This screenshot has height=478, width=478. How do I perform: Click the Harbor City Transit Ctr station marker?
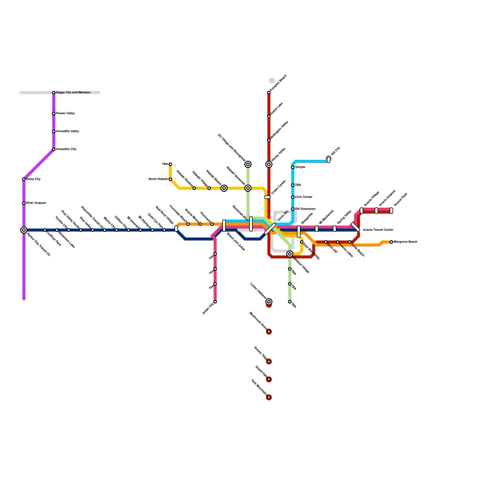(24, 230)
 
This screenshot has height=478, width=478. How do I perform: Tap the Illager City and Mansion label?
(73, 93)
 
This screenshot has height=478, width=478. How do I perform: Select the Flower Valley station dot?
(54, 114)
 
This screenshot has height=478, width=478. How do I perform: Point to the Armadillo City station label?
(66, 149)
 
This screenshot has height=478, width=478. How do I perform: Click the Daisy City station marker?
(24, 179)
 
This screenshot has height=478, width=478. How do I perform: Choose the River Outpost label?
(36, 203)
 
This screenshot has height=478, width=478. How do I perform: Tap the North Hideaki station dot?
(170, 179)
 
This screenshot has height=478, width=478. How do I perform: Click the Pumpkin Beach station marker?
(269, 93)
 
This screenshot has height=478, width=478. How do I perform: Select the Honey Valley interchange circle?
(269, 164)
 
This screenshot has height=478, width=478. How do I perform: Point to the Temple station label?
(300, 167)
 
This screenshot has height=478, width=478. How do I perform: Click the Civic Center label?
(304, 197)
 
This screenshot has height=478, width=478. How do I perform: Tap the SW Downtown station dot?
(293, 209)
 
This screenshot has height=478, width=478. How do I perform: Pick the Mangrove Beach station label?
(405, 242)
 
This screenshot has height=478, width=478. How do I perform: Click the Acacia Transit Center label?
(378, 230)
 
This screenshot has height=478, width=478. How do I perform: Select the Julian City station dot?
(215, 302)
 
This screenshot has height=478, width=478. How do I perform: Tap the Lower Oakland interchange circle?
(269, 302)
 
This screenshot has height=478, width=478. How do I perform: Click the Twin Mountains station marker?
(269, 397)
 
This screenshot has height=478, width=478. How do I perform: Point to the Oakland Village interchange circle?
(290, 254)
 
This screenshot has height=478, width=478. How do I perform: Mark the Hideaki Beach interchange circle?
(224, 188)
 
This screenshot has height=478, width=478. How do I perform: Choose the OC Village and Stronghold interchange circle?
(248, 164)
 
